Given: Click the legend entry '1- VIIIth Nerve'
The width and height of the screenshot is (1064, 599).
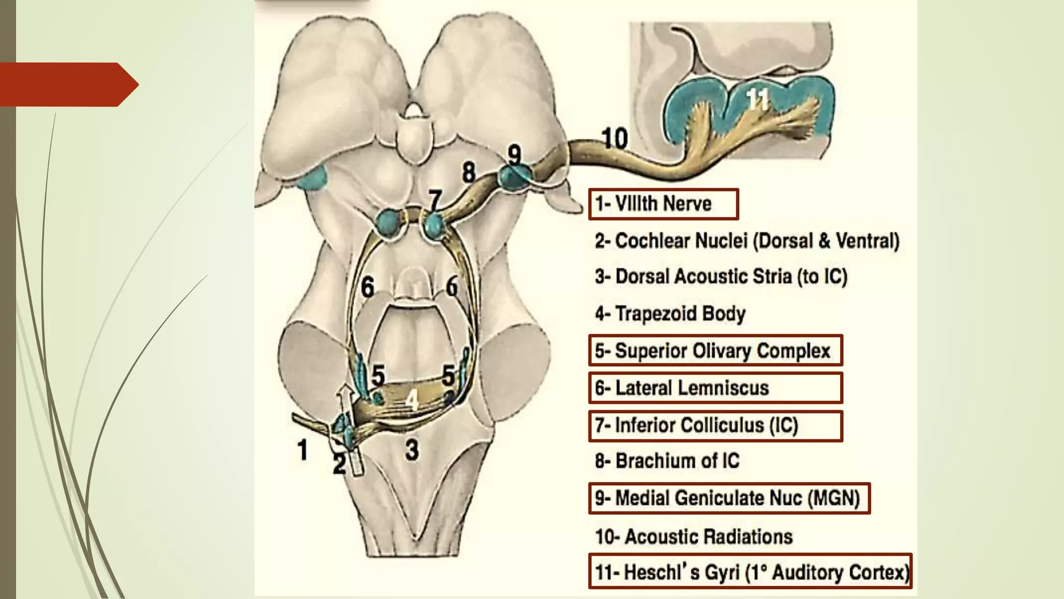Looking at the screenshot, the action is coord(663,204).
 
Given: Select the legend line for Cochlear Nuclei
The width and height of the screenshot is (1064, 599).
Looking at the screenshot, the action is coord(747,241).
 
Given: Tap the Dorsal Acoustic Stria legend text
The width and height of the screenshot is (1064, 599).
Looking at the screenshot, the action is coord(721,277).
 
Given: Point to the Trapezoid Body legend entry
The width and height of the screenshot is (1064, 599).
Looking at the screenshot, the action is coord(670,314).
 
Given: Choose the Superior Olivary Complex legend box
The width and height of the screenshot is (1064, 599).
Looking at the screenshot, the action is coord(715,351).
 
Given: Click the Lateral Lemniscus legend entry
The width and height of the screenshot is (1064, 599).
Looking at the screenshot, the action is coord(715,388).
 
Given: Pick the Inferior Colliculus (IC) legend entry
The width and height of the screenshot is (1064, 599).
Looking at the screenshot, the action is coord(715,425).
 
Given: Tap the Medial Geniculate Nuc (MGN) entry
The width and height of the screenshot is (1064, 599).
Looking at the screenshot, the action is coord(728,498).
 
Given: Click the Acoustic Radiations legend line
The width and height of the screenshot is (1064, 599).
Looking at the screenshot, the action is coord(694,537).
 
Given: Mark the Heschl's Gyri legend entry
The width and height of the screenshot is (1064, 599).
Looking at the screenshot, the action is coord(750,571).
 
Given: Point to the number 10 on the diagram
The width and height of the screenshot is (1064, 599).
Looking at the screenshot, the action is coord(615,138).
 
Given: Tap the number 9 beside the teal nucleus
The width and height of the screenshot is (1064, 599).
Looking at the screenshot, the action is coord(514,154).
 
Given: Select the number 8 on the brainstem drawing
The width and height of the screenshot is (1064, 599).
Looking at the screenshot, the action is coord(469,172).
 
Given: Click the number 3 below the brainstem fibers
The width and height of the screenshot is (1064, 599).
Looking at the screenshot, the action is coord(412,450).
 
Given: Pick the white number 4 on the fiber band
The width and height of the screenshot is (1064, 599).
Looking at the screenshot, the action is coord(411,400).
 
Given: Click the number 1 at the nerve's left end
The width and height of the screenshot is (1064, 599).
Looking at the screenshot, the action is coord(302,450).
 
